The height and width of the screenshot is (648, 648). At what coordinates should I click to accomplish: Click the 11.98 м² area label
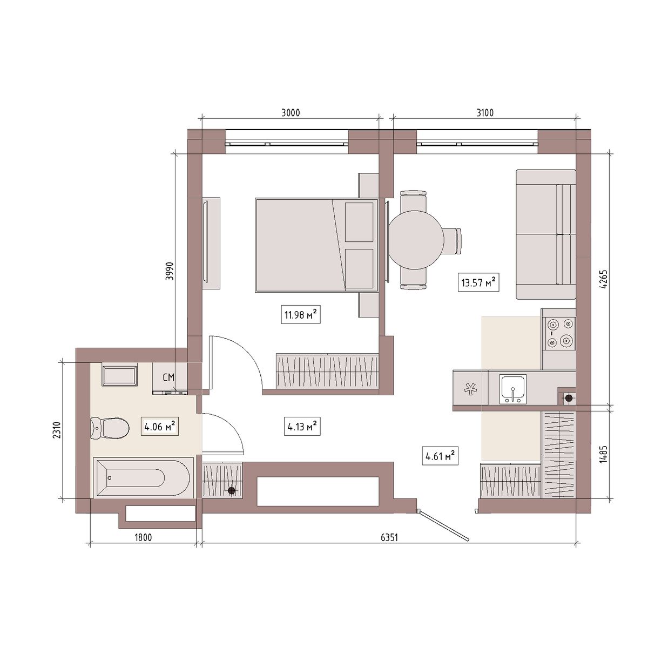coord(301,314)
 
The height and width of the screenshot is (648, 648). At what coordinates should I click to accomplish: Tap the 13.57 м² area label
coord(478,282)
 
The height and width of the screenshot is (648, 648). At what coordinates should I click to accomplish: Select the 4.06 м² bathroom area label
coord(159,427)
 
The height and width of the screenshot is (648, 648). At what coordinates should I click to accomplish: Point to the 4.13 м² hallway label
coord(302,427)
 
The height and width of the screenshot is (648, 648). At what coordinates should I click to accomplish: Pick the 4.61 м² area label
coord(440,456)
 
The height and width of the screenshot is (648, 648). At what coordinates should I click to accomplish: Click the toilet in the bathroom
coord(110,428)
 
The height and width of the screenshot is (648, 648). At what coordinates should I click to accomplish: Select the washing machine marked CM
coord(170,378)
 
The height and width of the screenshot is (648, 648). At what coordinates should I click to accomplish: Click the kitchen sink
coord(512,389)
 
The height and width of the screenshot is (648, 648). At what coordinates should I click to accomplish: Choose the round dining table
coord(416,240)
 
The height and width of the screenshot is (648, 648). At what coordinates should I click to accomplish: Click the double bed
coord(316,245)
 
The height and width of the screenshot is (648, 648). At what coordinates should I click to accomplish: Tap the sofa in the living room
coord(546,234)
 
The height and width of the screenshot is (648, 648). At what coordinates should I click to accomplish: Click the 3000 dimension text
coord(291,113)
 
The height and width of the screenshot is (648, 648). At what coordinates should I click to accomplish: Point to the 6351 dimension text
coord(389,538)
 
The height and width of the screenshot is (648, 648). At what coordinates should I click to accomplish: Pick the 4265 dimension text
coord(605,279)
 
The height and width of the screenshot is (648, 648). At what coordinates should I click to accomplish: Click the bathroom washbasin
coord(119,375)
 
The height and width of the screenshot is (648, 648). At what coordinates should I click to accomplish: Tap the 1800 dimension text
coord(143,538)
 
